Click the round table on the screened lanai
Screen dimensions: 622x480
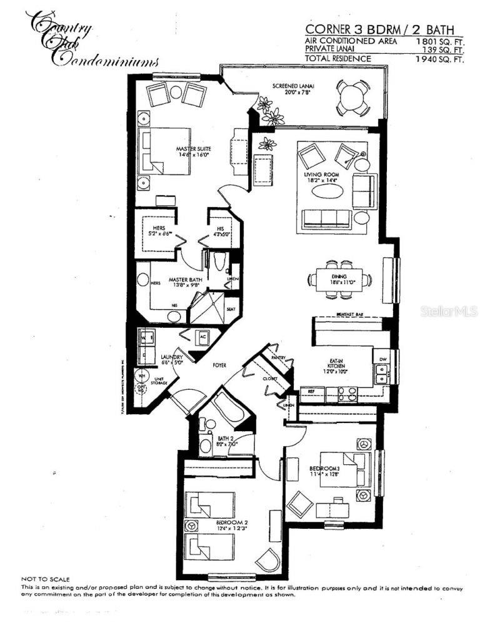351,96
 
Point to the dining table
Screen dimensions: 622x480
338,280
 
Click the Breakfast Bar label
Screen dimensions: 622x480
348,315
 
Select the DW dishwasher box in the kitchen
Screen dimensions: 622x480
381,359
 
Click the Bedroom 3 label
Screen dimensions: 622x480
324,471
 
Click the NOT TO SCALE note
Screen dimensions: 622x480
45,579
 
